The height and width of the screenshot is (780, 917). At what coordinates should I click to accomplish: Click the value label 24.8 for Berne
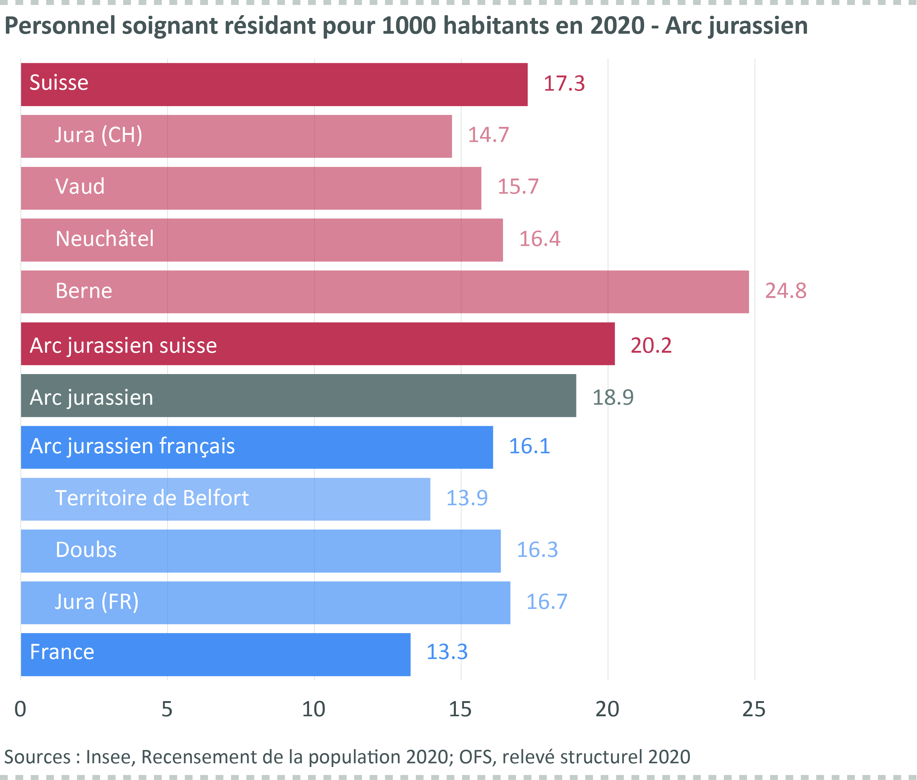[x=785, y=291]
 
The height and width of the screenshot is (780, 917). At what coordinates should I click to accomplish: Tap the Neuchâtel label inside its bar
[x=105, y=239]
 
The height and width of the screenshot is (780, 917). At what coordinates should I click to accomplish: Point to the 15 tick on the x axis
[x=460, y=709]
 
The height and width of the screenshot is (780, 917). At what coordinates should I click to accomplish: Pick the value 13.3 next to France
[x=447, y=652]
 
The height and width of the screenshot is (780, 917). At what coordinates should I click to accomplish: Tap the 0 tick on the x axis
[x=20, y=709]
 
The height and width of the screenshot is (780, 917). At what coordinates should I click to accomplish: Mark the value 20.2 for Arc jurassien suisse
[x=651, y=345]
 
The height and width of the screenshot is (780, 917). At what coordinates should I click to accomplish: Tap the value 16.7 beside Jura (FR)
[x=546, y=602]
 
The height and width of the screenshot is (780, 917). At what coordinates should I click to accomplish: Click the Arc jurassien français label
[x=132, y=446]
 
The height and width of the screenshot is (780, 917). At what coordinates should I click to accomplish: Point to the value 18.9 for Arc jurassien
[x=613, y=397]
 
